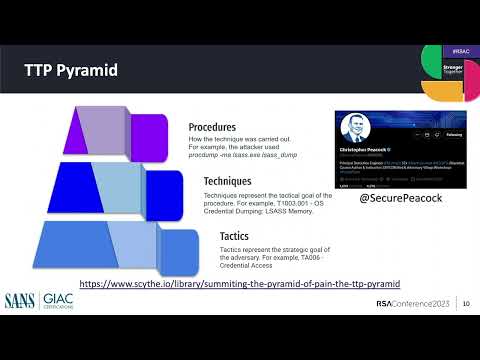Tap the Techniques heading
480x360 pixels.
[230, 181]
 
